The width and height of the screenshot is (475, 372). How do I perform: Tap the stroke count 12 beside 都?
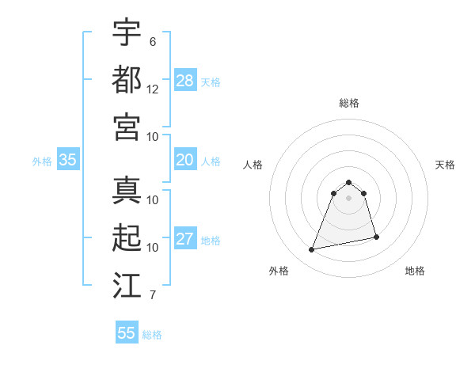point(153,89)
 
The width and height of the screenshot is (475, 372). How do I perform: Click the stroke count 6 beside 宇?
point(152,42)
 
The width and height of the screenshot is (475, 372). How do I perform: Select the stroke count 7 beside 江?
point(152,296)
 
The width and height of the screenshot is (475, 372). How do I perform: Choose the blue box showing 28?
point(185,81)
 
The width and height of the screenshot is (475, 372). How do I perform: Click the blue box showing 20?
point(185,160)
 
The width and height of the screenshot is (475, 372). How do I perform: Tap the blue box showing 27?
point(185,240)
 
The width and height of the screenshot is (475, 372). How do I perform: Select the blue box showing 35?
point(68,160)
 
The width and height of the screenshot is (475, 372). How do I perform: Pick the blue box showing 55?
point(127,333)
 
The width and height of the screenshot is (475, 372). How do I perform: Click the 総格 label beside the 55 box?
point(152,335)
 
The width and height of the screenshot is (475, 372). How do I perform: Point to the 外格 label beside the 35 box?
point(42,161)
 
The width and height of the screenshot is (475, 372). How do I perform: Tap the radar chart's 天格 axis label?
point(445,165)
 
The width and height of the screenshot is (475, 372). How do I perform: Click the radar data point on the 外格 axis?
point(312,250)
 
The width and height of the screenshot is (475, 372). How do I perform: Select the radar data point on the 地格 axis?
point(376,237)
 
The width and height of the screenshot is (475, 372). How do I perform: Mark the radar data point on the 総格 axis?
point(348,183)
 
